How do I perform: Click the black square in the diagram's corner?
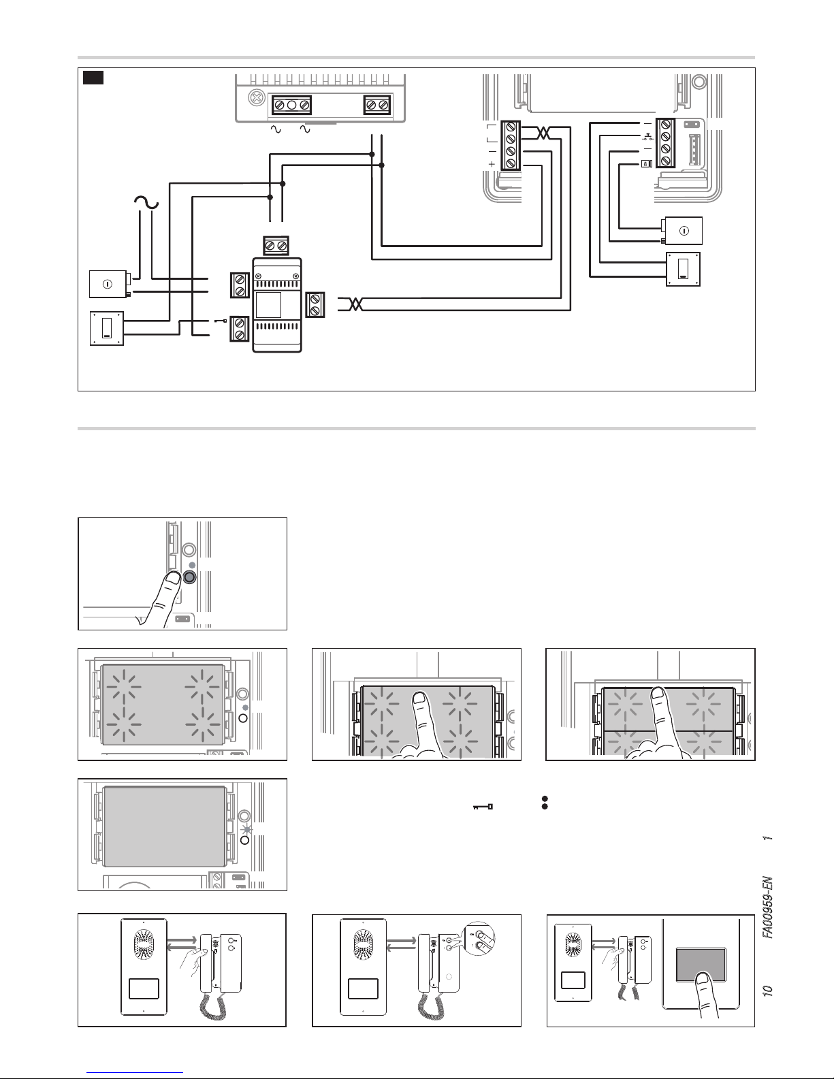[x=93, y=78]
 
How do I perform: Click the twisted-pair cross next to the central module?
[x=351, y=304]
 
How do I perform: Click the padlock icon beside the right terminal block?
[x=645, y=163]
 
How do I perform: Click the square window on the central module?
[x=268, y=303]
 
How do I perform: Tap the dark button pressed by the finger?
[x=189, y=577]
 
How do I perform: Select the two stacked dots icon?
[x=545, y=802]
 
